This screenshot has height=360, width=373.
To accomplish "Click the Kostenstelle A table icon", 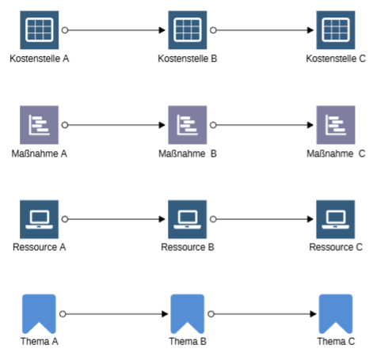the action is coord(40,30).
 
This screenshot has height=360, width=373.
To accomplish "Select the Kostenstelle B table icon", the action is coord(188,30).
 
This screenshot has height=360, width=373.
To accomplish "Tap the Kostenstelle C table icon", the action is coord(336,30).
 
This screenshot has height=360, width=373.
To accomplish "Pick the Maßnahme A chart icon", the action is coord(39,125).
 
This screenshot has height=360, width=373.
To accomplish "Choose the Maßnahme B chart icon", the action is coord(188,125).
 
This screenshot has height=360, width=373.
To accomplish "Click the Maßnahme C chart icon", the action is coord(336,125).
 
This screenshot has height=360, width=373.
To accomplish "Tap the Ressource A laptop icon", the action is coord(39,219).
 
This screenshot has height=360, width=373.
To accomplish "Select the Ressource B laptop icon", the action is coord(188,219).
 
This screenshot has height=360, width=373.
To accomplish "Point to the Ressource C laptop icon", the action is coord(336,219).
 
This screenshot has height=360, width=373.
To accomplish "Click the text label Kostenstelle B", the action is coord(188,59).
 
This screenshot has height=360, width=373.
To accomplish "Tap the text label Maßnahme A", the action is coord(39,153).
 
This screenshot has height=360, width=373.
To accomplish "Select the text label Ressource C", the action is coord(336,247).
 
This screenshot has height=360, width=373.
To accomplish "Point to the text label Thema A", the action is coord(40,341).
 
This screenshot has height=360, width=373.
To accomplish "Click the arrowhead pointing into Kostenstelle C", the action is coord(310,30).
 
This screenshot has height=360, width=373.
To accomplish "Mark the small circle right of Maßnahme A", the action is coord(65,125).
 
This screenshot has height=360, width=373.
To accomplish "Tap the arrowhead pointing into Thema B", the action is coord(165,314).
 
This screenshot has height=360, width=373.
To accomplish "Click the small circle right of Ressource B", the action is coord(213,219).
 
